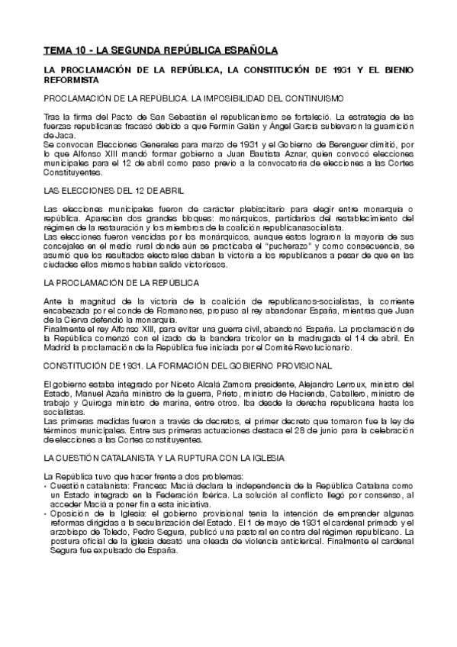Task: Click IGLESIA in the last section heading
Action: [265, 457]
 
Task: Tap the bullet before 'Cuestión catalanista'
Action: [46, 485]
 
